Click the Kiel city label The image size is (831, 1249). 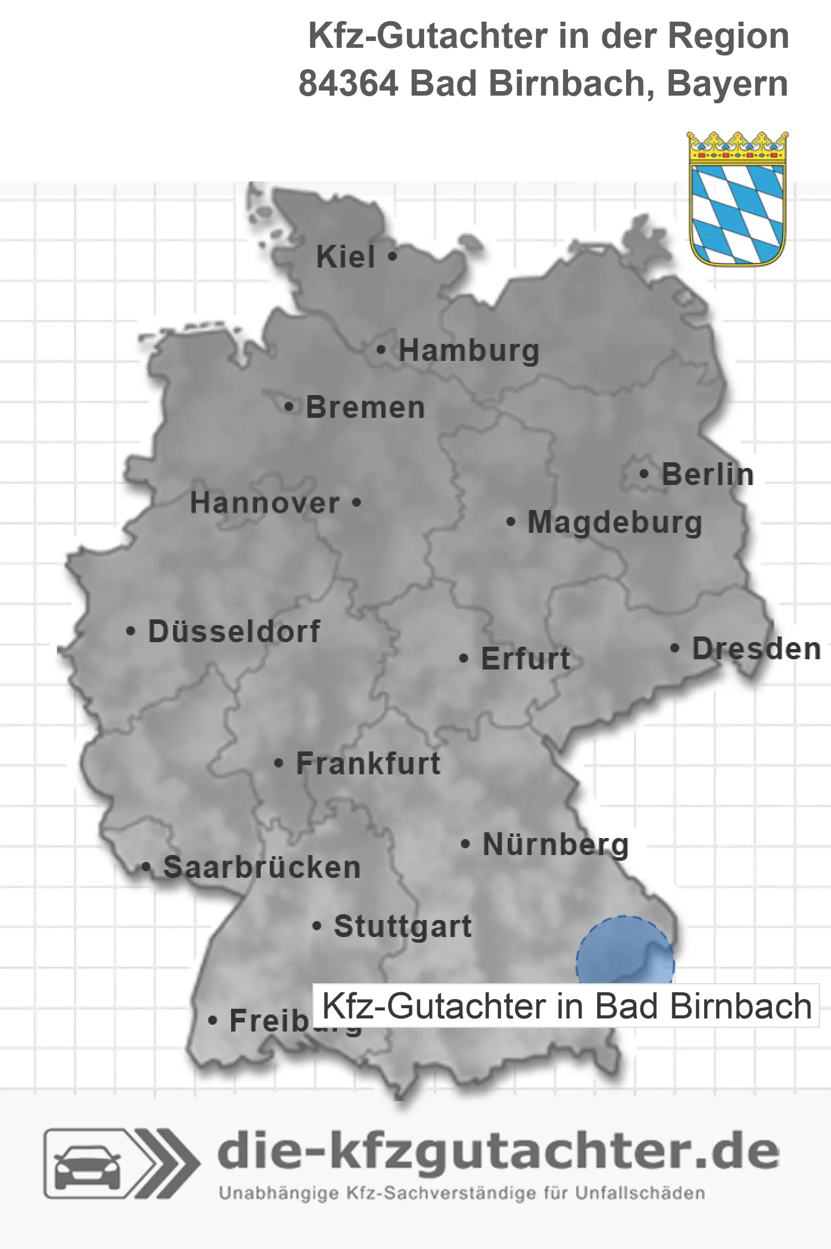click(345, 257)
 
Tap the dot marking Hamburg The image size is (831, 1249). click(381, 350)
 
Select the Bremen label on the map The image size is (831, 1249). click(365, 408)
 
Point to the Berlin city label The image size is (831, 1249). click(707, 475)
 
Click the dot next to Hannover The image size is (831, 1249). click(356, 503)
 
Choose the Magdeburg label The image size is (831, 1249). click(615, 522)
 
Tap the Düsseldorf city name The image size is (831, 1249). click(234, 631)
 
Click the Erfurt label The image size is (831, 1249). click(525, 659)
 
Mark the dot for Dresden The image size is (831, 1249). click(674, 648)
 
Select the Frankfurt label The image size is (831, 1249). click(368, 763)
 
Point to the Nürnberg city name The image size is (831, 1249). click(556, 844)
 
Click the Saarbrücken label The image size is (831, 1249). click(262, 868)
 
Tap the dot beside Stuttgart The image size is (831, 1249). click(317, 926)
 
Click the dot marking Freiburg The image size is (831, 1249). click(213, 1021)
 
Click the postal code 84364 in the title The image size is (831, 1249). click(348, 84)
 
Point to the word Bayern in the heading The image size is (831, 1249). click(727, 84)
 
